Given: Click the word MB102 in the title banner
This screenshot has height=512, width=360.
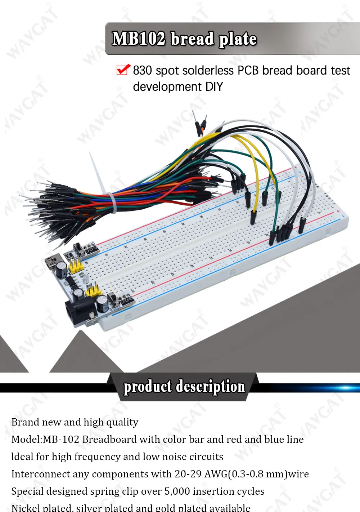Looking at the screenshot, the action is [139, 39].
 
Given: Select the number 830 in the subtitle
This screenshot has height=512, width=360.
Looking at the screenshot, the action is [142, 71].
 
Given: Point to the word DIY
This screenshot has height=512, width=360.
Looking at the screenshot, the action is [214, 87].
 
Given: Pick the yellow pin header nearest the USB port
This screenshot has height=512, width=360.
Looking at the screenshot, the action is [76, 267].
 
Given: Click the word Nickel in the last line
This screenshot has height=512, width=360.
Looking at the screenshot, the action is [25, 508].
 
